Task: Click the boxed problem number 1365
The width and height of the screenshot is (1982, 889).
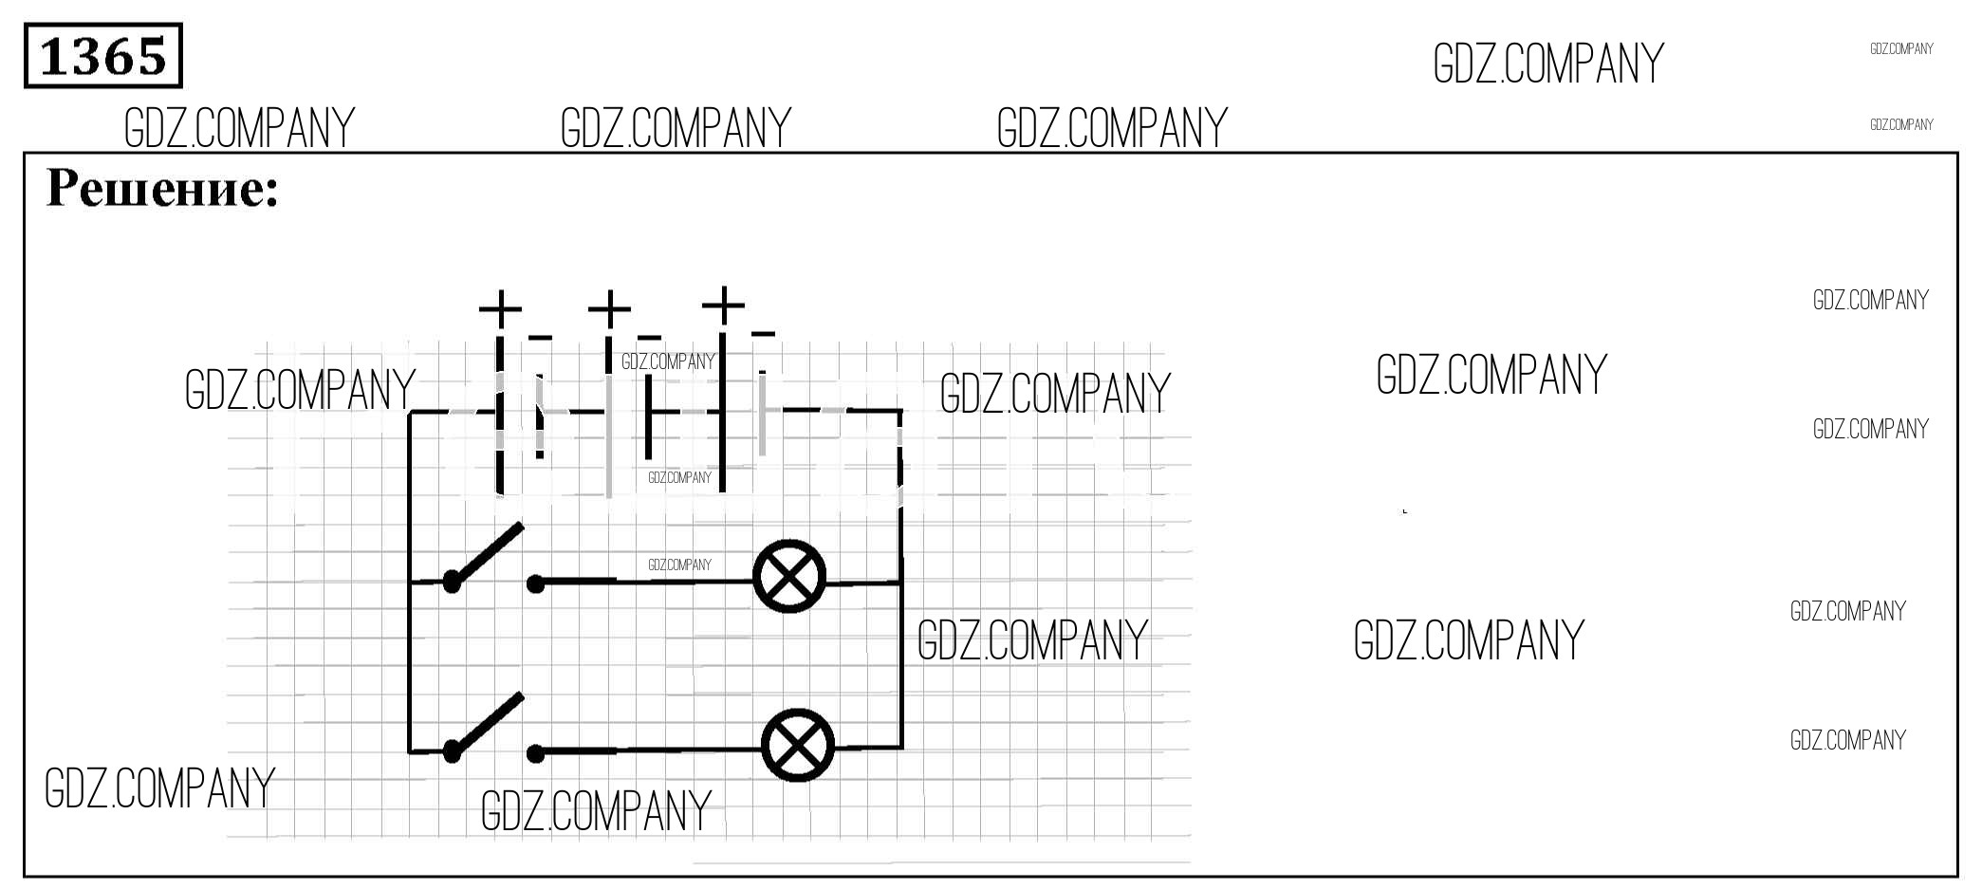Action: pyautogui.click(x=102, y=56)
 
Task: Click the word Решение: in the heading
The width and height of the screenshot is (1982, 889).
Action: pyautogui.click(x=162, y=188)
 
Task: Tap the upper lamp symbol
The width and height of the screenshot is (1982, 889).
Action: pyautogui.click(x=789, y=576)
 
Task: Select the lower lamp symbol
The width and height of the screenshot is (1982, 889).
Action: pyautogui.click(x=798, y=745)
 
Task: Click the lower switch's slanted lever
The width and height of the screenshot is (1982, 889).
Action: pyautogui.click(x=486, y=724)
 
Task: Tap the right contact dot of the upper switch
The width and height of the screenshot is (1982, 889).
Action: pyautogui.click(x=536, y=583)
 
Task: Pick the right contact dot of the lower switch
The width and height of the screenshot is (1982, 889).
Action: pyautogui.click(x=536, y=754)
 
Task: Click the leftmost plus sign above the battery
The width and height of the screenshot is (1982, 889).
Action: pyautogui.click(x=500, y=308)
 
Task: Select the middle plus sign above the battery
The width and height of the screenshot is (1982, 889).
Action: pyautogui.click(x=609, y=308)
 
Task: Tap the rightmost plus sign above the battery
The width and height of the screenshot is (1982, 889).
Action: pyautogui.click(x=723, y=305)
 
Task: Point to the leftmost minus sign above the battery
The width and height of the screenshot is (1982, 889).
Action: pyautogui.click(x=540, y=337)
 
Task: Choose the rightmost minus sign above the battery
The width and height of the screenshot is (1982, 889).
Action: pyautogui.click(x=763, y=333)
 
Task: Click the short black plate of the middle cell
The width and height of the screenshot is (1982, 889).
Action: pyautogui.click(x=648, y=417)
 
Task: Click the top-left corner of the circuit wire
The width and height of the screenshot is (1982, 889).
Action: pyautogui.click(x=410, y=412)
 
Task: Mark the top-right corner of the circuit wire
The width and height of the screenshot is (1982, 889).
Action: pyautogui.click(x=900, y=411)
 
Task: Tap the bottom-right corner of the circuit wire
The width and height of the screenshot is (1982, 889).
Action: pyautogui.click(x=901, y=748)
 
